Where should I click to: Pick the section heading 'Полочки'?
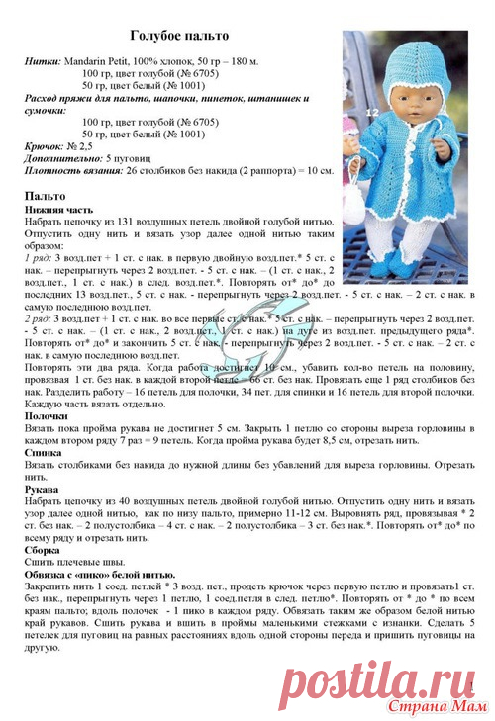(x=47, y=416)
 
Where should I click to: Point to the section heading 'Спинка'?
(x=43, y=452)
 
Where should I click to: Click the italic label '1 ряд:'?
(x=44, y=256)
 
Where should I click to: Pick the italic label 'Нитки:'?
(x=41, y=61)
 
